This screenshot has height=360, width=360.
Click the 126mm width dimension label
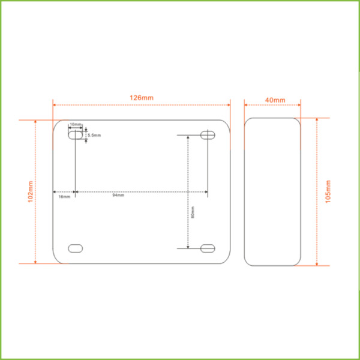coord(142,98)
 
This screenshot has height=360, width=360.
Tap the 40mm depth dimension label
coord(275,100)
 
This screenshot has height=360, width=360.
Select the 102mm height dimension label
coord(31,192)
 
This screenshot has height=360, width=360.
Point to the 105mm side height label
coord(328,191)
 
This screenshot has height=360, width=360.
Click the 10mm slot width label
coord(76,124)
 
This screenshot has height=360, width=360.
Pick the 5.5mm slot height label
coord(94,135)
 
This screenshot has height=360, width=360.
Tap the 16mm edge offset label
coord(64,197)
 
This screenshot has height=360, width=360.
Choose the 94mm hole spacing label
coord(118,195)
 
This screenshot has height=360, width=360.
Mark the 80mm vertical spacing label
coord(193,212)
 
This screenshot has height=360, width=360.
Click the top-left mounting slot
coord(76,135)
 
